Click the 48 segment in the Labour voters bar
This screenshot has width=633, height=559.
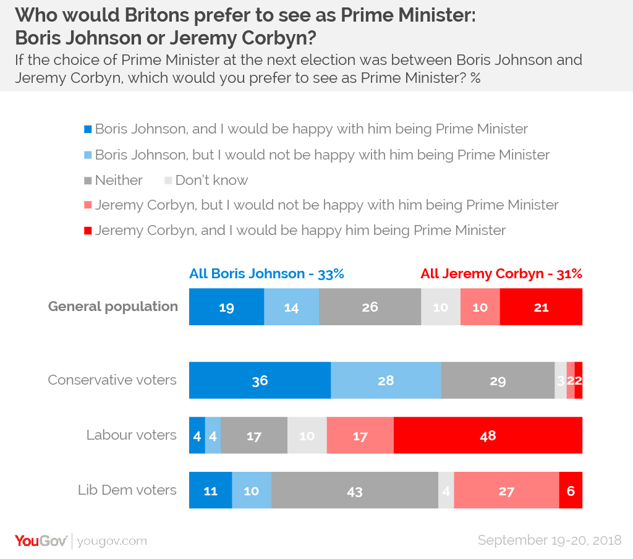coord(488,435)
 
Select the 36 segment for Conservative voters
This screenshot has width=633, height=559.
coord(260,380)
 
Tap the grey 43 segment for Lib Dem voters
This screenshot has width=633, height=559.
coord(354,491)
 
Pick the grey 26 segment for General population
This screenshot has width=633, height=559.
coord(370,307)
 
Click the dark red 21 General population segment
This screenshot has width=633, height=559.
coord(541,307)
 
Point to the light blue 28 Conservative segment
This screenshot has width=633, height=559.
coord(386,380)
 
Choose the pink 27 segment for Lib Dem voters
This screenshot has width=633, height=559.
coord(506,491)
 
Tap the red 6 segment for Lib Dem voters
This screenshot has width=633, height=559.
coord(571,491)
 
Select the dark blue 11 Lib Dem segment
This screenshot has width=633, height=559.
coord(210,491)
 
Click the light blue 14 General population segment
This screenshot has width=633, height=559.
coord(291,307)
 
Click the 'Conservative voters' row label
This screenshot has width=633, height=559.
coord(112,380)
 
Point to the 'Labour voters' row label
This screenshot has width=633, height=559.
coord(131,435)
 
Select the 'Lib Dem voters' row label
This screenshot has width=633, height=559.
coord(127,490)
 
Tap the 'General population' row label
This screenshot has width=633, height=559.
coord(113,306)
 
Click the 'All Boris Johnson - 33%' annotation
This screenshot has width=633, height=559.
coord(266,274)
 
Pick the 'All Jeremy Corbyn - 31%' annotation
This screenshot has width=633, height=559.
coord(501,274)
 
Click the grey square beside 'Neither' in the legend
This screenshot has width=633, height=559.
coord(88,181)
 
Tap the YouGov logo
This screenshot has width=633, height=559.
coord(41,540)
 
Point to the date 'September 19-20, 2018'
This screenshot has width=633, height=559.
coord(549,540)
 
